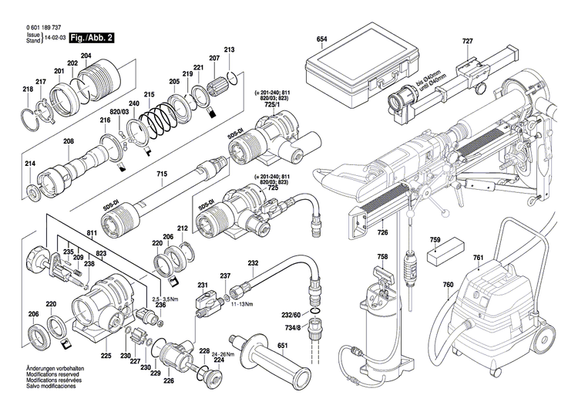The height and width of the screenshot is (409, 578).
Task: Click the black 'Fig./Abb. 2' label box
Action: pos(91,37)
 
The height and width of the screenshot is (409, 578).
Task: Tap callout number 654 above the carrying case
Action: pos(322,39)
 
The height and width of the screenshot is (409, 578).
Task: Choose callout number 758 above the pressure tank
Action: pos(382,257)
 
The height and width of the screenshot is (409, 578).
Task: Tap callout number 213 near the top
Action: pos(229,50)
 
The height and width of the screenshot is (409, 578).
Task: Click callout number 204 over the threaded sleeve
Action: pos(86,55)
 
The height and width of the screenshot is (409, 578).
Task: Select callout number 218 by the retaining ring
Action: pos(28,90)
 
